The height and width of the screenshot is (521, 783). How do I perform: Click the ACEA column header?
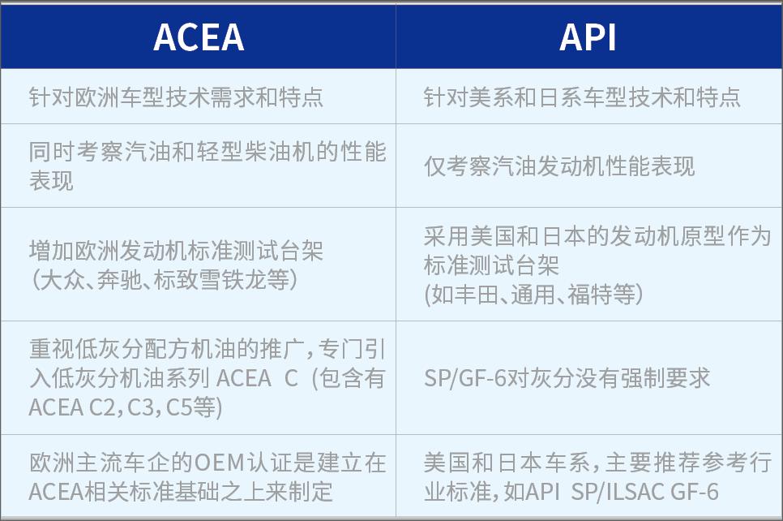coord(198,37)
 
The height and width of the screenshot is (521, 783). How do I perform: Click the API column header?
coord(588,37)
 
